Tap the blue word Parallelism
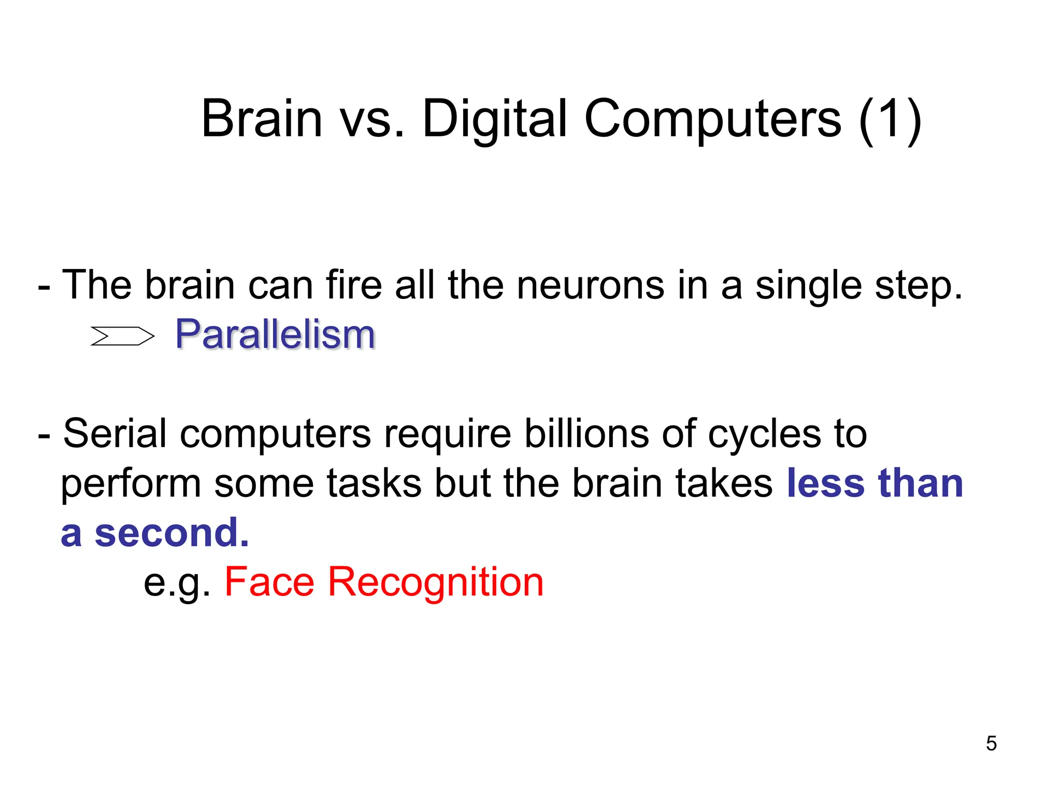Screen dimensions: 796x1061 click(275, 334)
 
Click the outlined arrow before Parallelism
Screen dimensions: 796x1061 click(122, 336)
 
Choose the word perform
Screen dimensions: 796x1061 click(131, 484)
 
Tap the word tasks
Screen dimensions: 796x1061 click(374, 483)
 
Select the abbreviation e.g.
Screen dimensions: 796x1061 click(176, 582)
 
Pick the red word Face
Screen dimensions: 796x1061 click(269, 581)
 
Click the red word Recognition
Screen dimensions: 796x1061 click(436, 582)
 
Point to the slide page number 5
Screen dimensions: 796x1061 click(991, 744)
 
